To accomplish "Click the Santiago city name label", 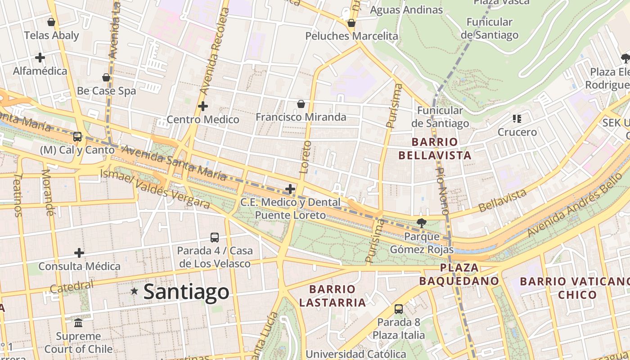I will tap(186, 292).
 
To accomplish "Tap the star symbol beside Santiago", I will tap(134, 291).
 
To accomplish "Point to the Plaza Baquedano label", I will tap(459, 274).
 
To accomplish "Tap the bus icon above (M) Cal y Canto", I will tap(77, 136).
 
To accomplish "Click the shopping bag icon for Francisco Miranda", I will tap(301, 104).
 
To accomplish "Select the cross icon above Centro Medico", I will tap(203, 106).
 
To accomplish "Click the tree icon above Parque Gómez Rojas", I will tap(422, 222).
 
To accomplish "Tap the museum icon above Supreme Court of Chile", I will tap(78, 323).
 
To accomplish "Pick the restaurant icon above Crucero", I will tap(517, 119).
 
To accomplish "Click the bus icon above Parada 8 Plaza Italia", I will tap(398, 309).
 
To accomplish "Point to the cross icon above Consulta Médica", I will tap(79, 253).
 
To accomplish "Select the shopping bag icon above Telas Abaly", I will tap(51, 22).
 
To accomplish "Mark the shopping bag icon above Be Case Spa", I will tap(106, 77).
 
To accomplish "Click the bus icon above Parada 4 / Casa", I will tap(215, 237).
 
